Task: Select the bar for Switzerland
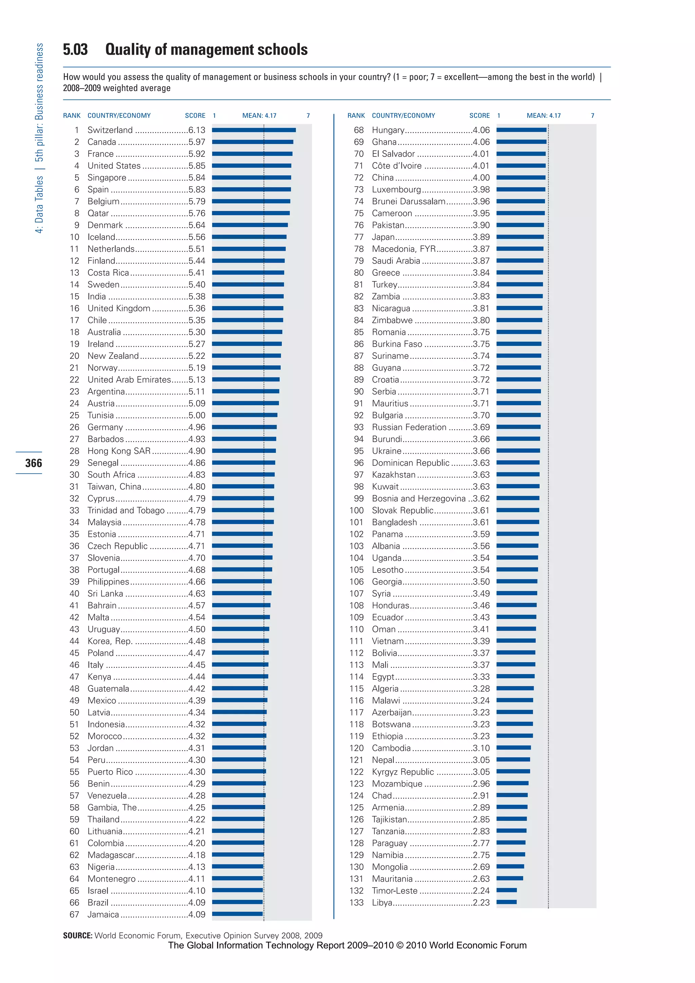254,130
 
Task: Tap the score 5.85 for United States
197,166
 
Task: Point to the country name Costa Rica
108,273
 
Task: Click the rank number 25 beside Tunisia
74,415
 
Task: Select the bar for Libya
506,902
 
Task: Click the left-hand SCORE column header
195,116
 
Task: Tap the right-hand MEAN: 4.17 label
544,116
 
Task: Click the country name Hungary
388,130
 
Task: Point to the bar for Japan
520,237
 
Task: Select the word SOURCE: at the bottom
77,935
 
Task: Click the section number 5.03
75,50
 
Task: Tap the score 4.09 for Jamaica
197,914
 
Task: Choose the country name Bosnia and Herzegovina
418,498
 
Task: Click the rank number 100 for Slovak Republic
356,510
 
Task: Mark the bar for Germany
244,427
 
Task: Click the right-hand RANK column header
356,116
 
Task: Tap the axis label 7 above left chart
308,116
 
